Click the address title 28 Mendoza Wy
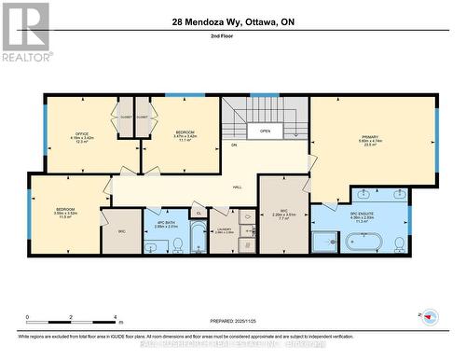tap(233, 22)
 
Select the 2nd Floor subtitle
tap(233, 37)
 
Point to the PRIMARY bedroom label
tap(374, 139)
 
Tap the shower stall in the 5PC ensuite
tap(326, 242)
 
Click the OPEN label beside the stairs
tap(266, 131)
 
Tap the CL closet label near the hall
tap(198, 214)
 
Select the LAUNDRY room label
tap(224, 230)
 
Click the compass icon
tap(429, 317)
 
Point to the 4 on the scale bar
tap(114, 317)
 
